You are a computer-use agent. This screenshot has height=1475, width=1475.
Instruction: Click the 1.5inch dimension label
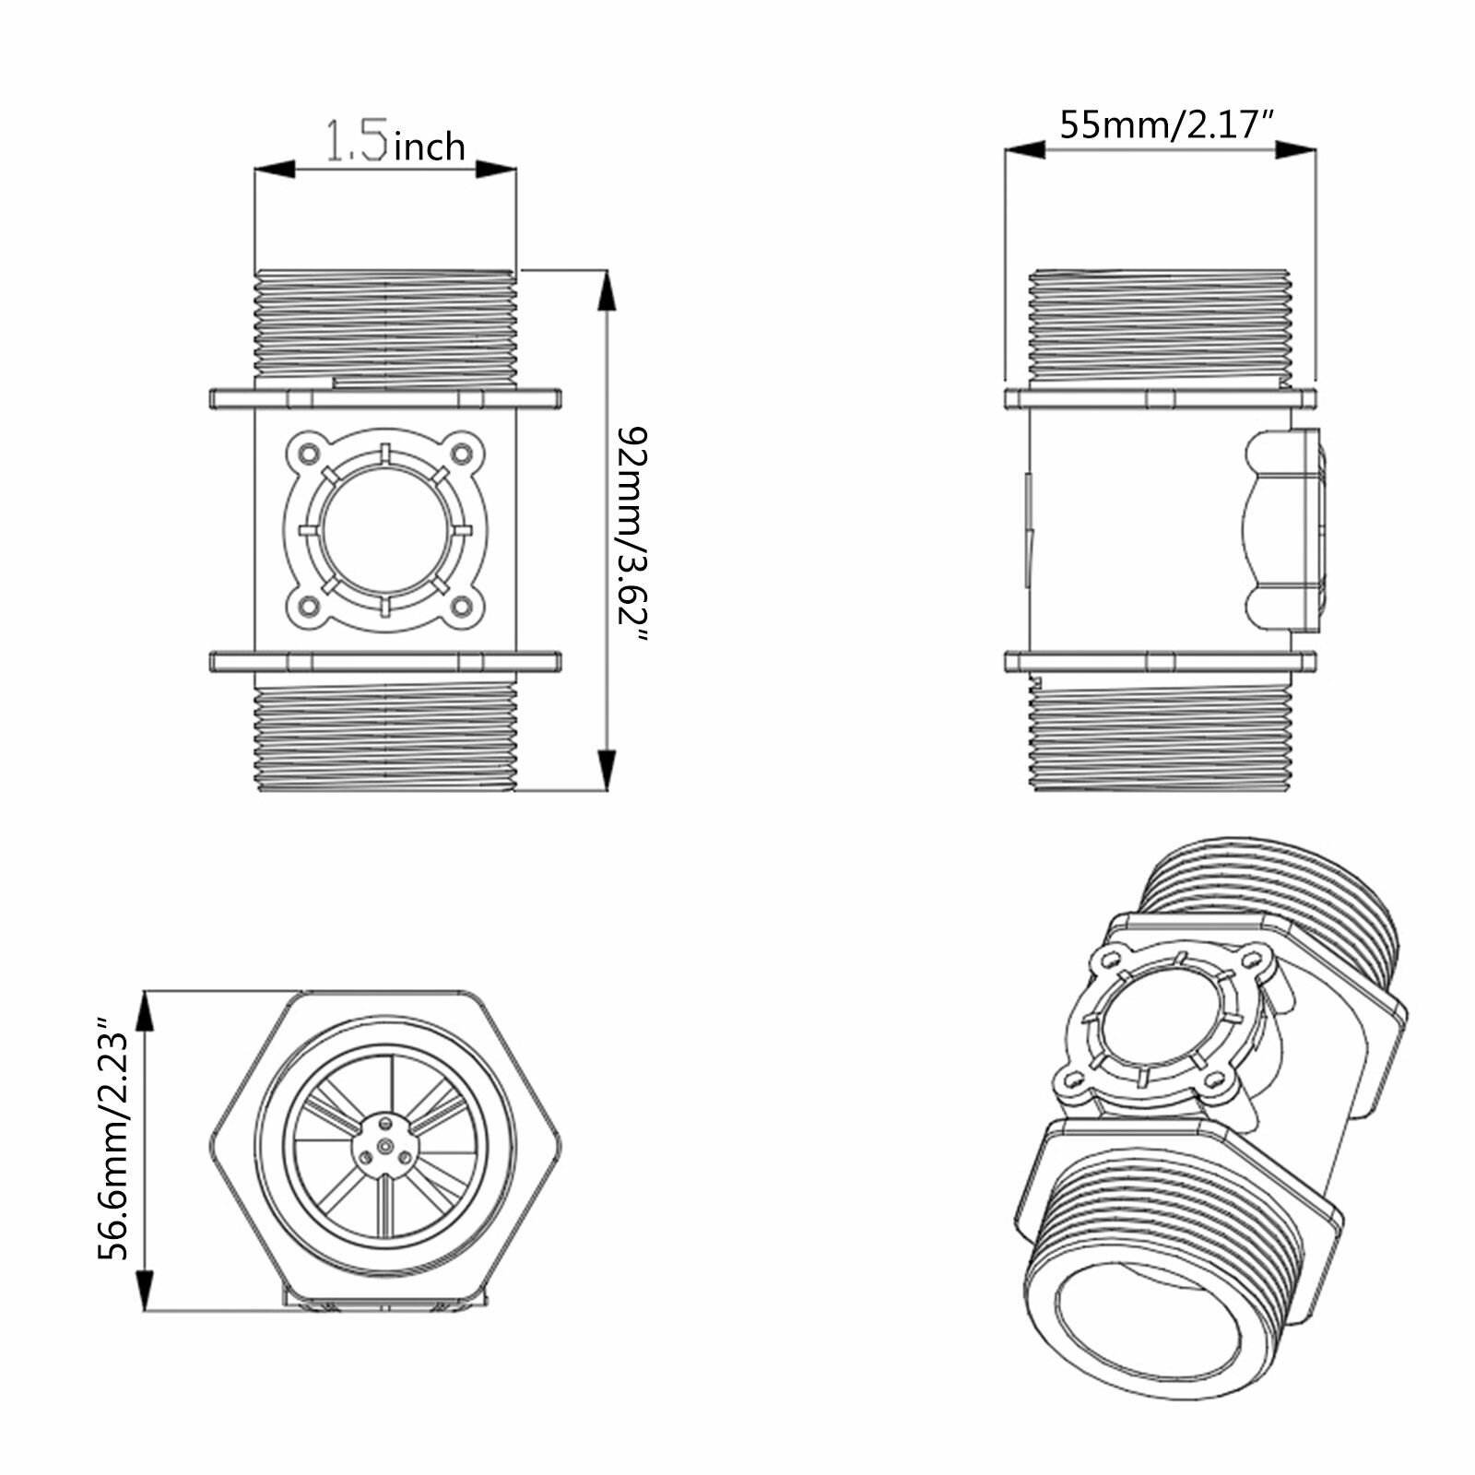coord(395,143)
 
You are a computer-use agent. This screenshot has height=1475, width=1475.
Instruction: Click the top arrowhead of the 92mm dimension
coord(606,292)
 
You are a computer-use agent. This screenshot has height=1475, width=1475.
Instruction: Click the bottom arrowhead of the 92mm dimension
coord(606,769)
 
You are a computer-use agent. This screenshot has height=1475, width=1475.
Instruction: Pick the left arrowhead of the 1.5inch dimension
coord(275,168)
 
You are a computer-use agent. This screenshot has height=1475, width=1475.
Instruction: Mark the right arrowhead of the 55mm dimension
coord(1295,148)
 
